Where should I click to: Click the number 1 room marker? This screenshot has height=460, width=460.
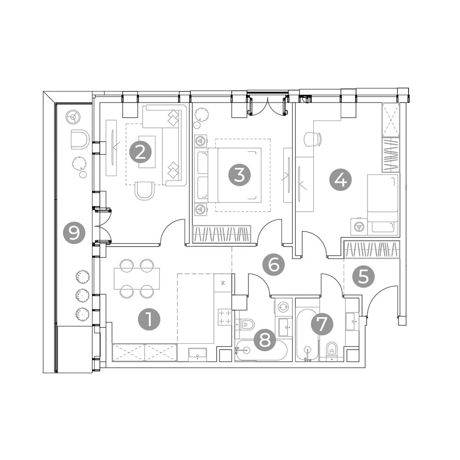149,320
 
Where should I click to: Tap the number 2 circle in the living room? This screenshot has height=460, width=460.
141,153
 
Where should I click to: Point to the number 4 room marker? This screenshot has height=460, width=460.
340,180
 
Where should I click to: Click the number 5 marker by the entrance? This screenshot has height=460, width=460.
363,276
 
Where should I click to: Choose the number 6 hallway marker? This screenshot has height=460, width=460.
273,265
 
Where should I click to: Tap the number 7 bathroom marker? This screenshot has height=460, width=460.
322,324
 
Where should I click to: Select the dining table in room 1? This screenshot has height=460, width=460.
137,278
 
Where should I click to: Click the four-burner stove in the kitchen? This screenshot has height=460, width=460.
224,317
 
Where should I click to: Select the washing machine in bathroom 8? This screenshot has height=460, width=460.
283,306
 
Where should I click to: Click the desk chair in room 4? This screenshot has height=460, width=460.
313,139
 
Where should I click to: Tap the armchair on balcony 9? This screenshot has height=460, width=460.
80,139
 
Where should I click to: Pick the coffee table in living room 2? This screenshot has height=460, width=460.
147,152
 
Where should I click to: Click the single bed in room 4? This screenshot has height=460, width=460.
383,203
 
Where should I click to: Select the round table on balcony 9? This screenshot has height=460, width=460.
73,117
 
